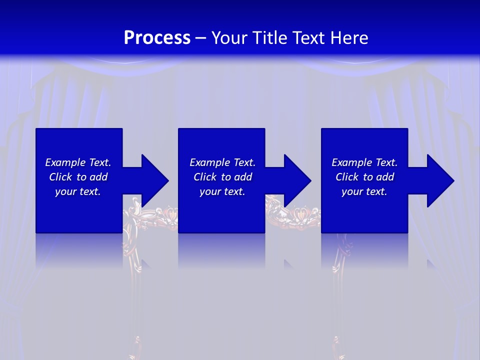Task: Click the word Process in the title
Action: coord(157,38)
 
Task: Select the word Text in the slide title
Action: coord(308,38)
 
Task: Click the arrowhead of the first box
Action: coord(155,180)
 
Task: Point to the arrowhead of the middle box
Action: coord(297,180)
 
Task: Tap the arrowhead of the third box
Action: coord(440,180)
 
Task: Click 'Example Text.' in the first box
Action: coord(78,162)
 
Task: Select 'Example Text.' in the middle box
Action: coord(222,162)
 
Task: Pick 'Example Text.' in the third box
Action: coord(364,162)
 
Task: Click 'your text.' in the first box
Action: coord(78,191)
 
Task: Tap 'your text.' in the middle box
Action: coord(222,191)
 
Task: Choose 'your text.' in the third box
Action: coord(364,191)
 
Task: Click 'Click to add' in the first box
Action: coord(78,177)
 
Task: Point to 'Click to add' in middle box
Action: coord(222,177)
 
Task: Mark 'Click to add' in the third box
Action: coord(364,177)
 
